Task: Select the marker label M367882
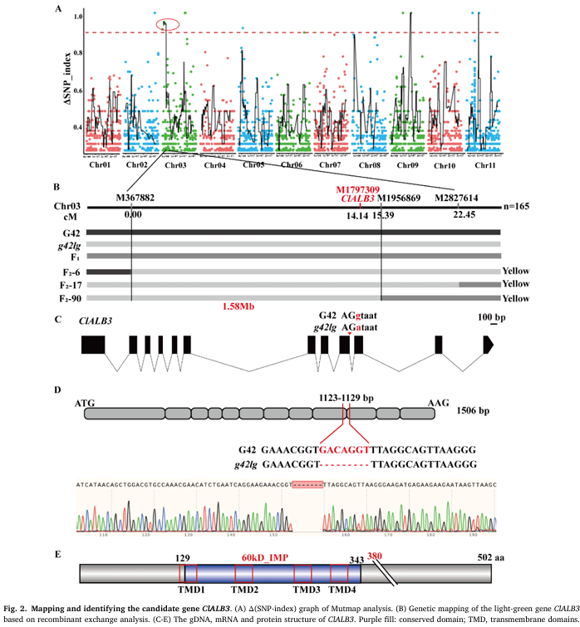click(135, 198)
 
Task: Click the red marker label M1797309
click(358, 189)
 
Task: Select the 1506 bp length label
click(474, 410)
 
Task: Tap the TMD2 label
click(245, 589)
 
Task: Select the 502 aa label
click(486, 558)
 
